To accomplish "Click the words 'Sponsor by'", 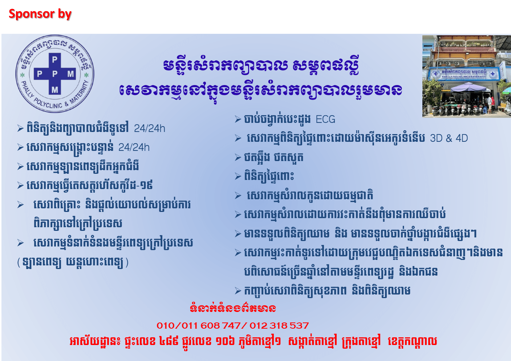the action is (x=40, y=14).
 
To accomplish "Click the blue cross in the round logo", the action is (x=55, y=74).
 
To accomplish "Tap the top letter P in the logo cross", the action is (x=54, y=60).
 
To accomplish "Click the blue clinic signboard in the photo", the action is (x=463, y=74).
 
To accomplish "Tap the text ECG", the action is (x=325, y=119).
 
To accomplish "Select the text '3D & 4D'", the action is (x=449, y=138).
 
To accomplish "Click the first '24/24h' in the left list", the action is (x=149, y=129).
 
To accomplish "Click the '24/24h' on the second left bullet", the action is (x=134, y=148).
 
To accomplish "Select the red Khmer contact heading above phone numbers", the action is (x=233, y=309).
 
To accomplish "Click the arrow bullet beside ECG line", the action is (x=238, y=119).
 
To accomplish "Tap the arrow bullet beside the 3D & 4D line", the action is (x=238, y=138).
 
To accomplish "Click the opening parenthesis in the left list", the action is (x=19, y=262).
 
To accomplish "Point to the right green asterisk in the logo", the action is (x=86, y=75).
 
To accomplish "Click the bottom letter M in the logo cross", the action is (x=55, y=90).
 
